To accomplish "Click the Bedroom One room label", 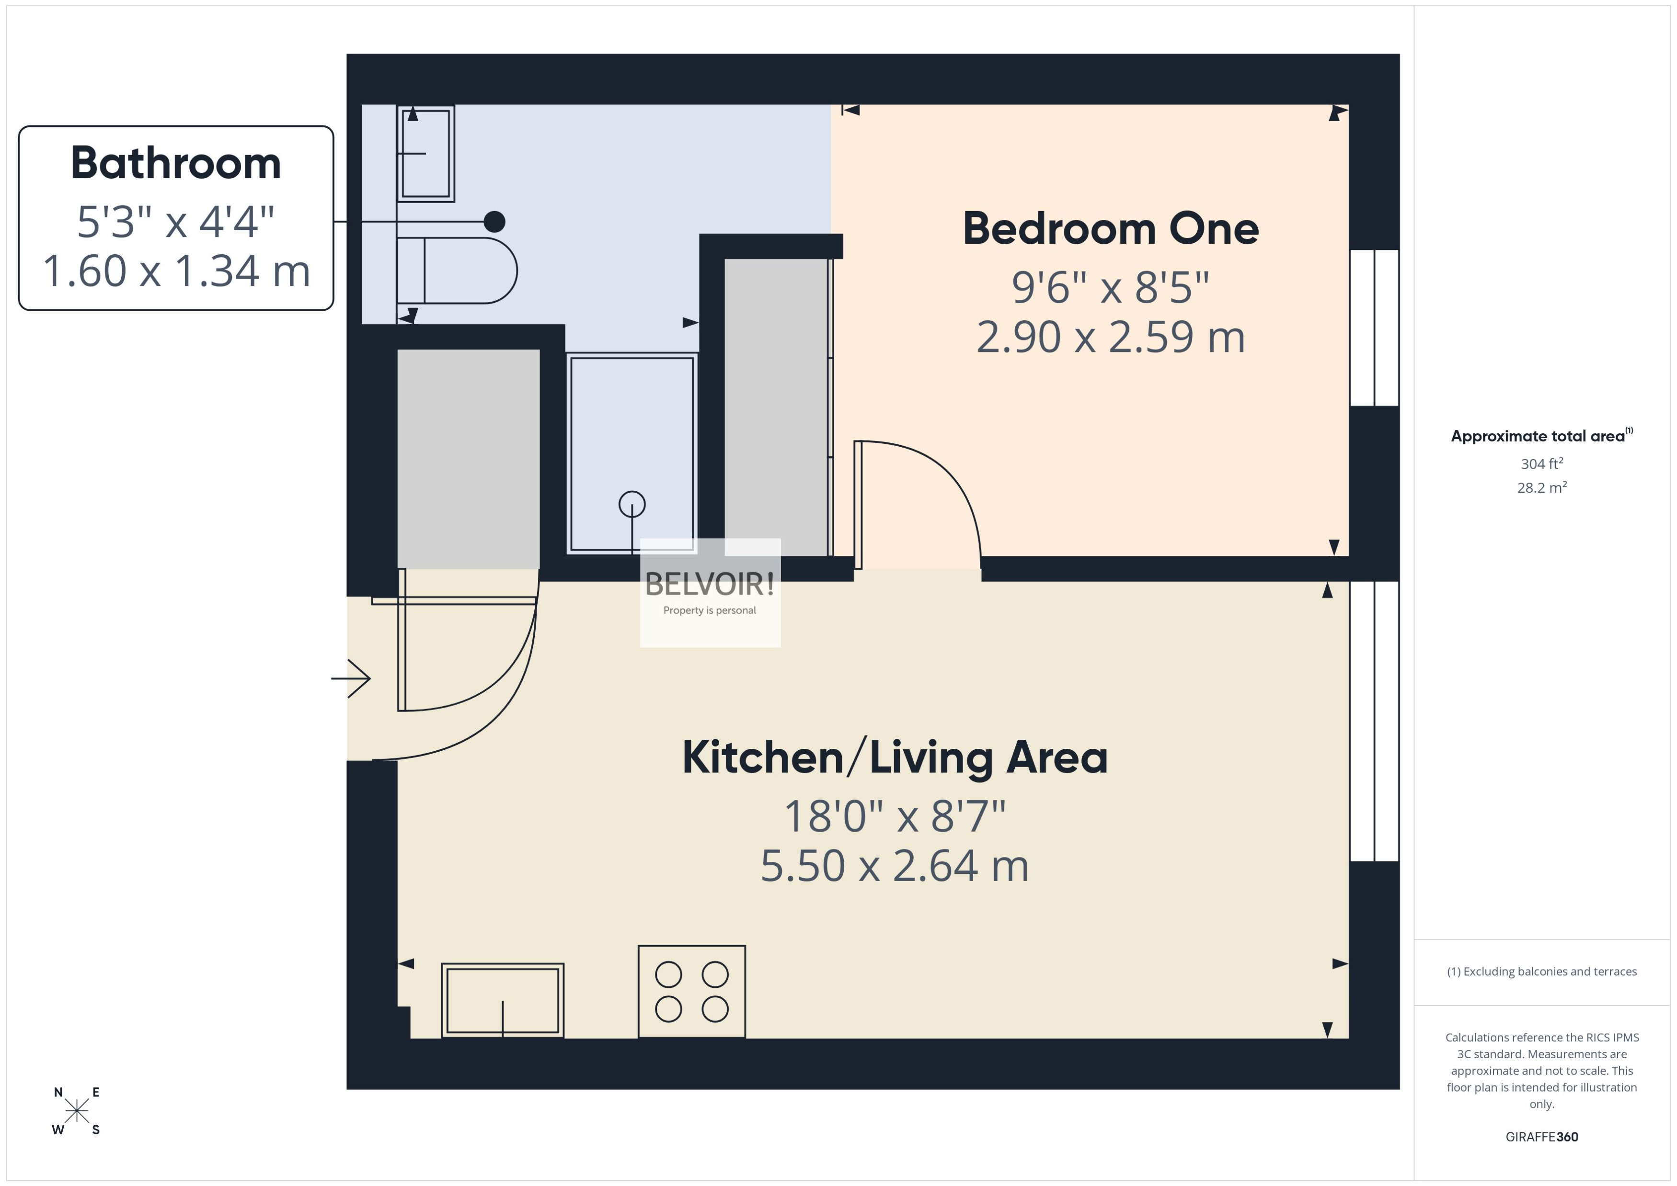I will (x=1110, y=228).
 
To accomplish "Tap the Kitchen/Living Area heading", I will (x=895, y=757).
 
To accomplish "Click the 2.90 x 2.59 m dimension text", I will (x=1110, y=337).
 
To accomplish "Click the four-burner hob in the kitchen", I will (x=691, y=991).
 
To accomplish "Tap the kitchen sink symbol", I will (x=502, y=1000).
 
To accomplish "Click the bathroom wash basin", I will (x=425, y=153).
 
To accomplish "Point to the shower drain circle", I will (x=632, y=504).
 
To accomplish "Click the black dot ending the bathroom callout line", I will (x=494, y=221).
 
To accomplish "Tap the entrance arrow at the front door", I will (x=352, y=678).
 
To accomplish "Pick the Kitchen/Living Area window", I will (x=1374, y=721).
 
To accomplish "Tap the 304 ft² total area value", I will (x=1541, y=464).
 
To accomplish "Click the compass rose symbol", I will (x=77, y=1111).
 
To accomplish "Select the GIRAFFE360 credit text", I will (x=1541, y=1136).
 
